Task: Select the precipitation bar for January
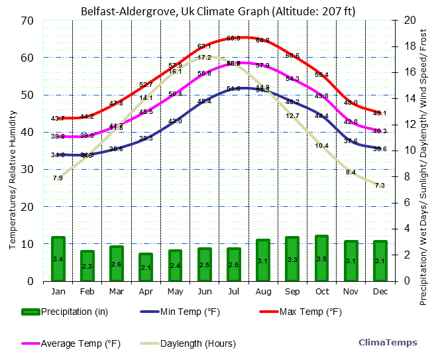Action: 58,259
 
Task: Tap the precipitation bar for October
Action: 322,258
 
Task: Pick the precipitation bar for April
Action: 146,267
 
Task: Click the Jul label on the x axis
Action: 234,292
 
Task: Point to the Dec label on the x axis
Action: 380,292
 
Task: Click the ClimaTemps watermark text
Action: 388,343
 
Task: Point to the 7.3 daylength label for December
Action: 380,186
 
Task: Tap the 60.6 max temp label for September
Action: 292,55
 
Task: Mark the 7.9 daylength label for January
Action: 58,178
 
